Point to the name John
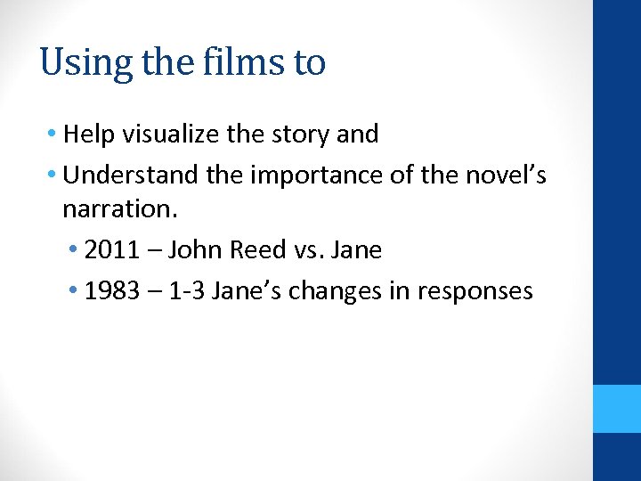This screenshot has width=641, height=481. [x=196, y=250]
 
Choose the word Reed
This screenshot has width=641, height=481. [x=259, y=250]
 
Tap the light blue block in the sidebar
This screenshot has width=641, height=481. [x=617, y=409]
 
